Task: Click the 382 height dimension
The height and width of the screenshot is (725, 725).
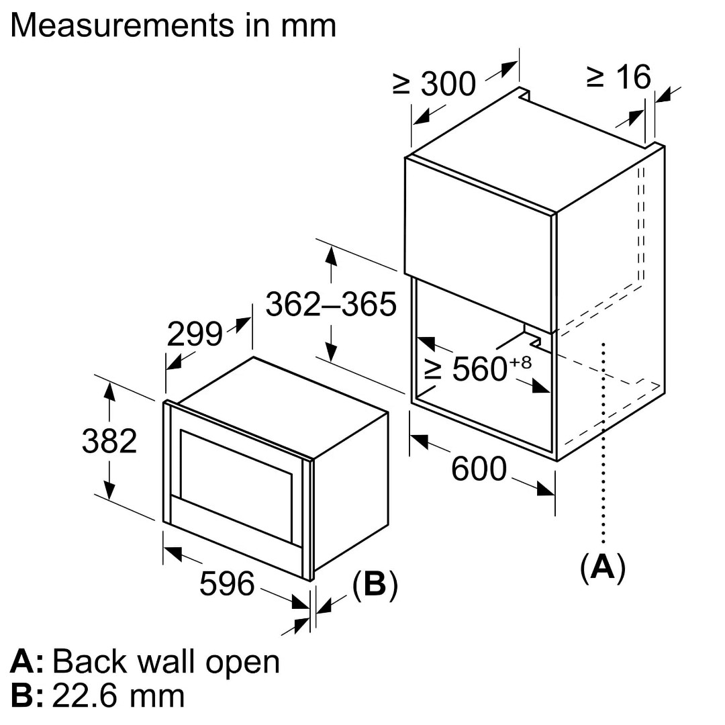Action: [109, 440]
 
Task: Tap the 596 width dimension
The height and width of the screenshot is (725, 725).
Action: [227, 583]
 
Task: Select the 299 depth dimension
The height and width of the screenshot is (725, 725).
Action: [194, 334]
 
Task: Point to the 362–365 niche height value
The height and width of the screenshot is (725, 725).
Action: [331, 304]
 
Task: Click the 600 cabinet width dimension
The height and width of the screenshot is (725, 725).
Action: [478, 468]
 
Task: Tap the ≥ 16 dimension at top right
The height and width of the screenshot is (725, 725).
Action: [618, 77]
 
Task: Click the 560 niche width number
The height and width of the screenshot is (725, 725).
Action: [479, 369]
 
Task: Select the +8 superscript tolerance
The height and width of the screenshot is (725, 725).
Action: [522, 362]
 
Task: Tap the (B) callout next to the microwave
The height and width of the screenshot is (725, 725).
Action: [375, 584]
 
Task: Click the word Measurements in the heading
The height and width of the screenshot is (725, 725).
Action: [115, 25]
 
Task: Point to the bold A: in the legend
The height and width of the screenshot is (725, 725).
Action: [27, 662]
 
